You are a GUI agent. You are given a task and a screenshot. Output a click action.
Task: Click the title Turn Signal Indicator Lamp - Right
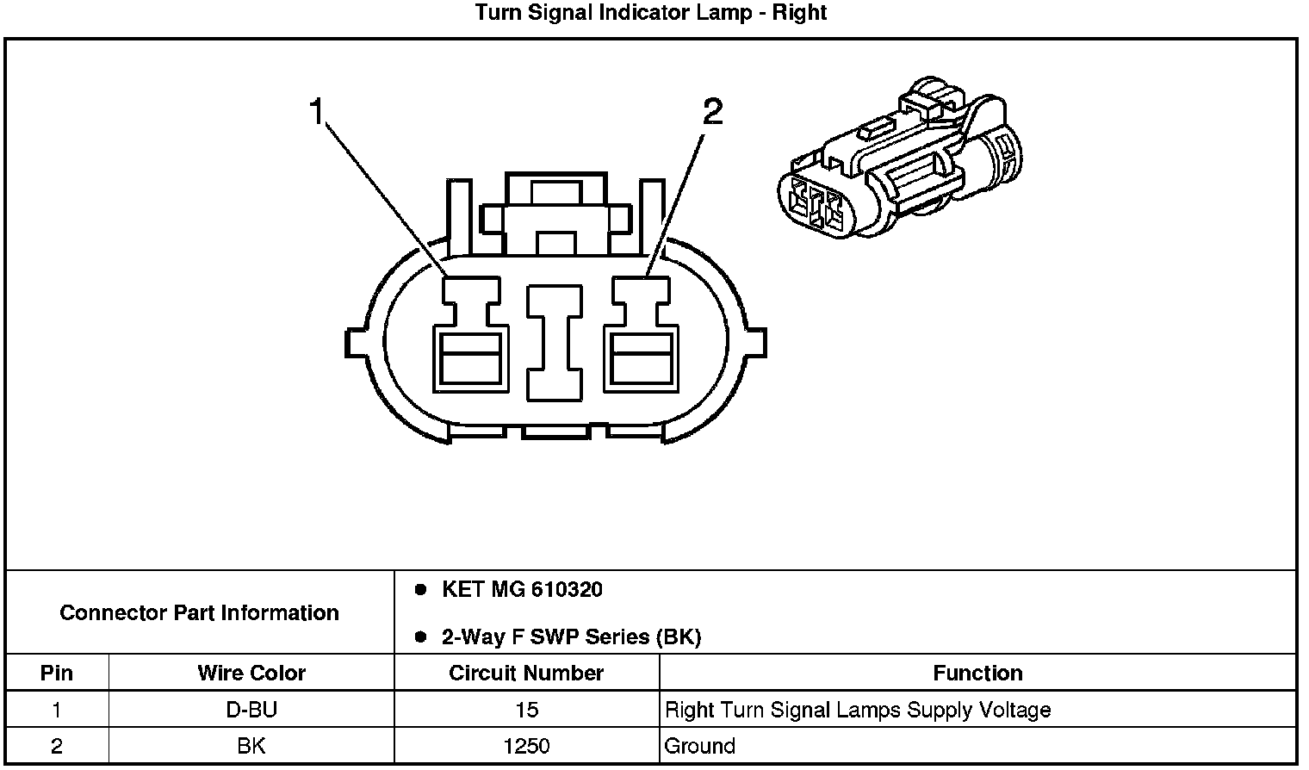point(650,13)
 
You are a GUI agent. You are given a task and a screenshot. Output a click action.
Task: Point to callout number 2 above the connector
point(712,111)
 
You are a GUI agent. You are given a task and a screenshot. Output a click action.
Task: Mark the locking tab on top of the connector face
point(555,215)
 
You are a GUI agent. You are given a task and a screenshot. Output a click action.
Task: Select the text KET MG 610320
point(522,590)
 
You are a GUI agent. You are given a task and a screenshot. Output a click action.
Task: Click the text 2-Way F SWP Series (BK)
point(571,637)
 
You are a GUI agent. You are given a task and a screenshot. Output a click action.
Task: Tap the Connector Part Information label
point(199,613)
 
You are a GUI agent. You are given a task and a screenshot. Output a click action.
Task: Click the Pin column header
point(57,673)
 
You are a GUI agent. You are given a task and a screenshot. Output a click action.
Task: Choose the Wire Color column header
point(251,673)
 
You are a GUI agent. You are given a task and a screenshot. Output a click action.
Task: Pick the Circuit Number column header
point(526,673)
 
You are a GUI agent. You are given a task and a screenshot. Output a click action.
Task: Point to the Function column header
point(977,673)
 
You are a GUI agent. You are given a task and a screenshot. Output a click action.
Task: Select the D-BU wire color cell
point(251,710)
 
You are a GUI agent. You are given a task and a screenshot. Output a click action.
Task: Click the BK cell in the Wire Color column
point(251,746)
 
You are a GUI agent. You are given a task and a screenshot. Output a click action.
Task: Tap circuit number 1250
point(526,746)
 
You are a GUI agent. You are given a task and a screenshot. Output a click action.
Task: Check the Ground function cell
point(700,746)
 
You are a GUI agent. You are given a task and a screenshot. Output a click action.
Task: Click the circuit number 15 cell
point(526,710)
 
